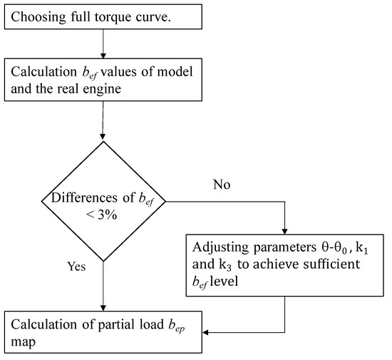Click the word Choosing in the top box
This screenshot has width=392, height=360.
point(36,17)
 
